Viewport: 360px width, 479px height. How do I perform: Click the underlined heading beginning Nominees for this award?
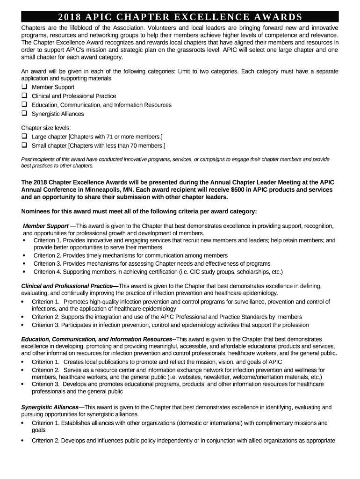click(139, 211)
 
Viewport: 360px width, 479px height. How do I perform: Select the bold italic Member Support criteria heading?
click(46, 226)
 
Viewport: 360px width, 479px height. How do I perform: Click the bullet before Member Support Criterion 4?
click(24, 272)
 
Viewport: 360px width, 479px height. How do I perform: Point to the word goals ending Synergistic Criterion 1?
click(39, 430)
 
